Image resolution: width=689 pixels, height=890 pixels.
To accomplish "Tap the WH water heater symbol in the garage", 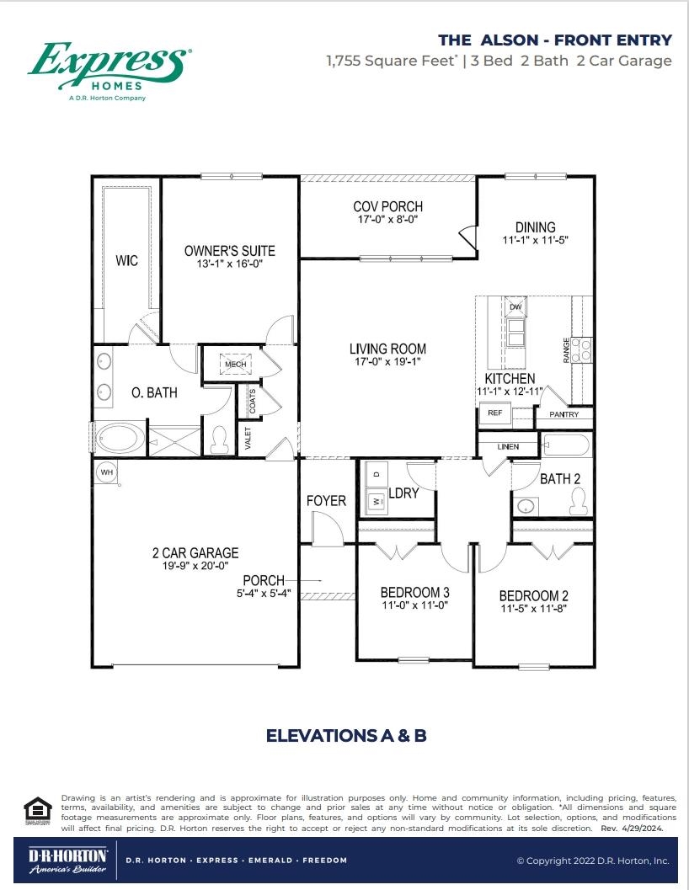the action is click(x=107, y=472).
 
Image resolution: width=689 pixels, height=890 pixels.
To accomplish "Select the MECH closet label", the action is click(x=236, y=365).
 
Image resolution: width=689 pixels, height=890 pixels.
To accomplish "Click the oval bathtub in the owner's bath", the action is click(x=120, y=440).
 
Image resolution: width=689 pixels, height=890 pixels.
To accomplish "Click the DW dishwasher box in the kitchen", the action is click(x=515, y=306).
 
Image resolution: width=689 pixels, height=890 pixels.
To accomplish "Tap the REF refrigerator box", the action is click(x=494, y=413).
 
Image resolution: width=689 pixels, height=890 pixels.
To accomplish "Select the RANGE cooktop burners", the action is click(x=582, y=349).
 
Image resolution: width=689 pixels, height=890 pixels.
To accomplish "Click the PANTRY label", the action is click(x=564, y=414).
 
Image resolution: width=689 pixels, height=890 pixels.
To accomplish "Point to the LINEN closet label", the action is click(x=508, y=447).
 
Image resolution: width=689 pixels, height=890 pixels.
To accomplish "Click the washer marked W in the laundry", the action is click(x=376, y=501).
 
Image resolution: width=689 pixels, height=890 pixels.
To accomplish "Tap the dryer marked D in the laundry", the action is click(x=376, y=473).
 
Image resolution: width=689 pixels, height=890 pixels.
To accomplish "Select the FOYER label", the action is click(x=326, y=501).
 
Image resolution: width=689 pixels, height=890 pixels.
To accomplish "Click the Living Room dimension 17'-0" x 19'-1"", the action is click(x=387, y=361).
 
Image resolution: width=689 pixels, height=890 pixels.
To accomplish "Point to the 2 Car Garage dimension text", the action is click(x=195, y=565).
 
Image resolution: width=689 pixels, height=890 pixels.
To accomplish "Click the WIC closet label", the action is click(x=126, y=260).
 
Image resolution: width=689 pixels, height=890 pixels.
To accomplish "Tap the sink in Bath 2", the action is click(x=527, y=505).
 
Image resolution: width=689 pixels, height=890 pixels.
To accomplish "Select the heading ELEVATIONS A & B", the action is click(x=346, y=736).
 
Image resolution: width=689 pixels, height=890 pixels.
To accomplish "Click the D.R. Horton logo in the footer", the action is click(x=67, y=861).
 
